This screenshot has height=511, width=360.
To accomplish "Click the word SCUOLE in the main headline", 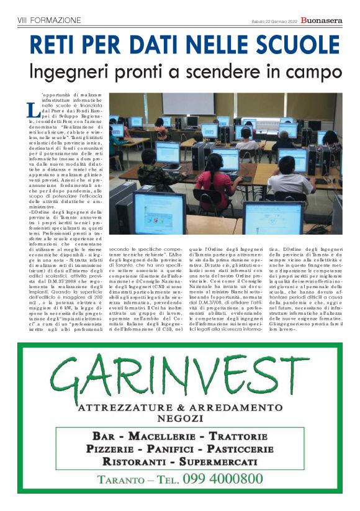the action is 285,45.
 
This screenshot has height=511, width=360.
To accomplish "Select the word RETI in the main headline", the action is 54,45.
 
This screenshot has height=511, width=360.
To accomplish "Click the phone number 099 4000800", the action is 220,478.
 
